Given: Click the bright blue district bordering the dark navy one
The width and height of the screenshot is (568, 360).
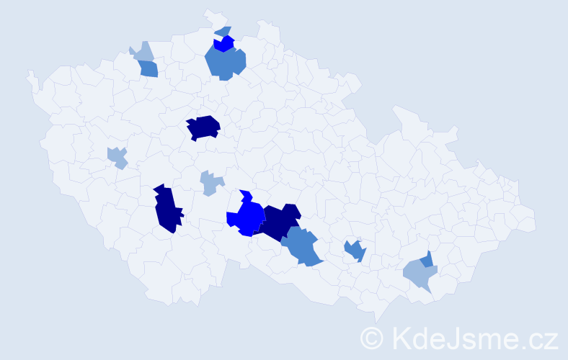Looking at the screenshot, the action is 248,217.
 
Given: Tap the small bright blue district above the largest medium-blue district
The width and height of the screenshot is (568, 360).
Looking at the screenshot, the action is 224,43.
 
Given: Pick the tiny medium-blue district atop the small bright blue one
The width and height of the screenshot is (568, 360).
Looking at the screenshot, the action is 223,32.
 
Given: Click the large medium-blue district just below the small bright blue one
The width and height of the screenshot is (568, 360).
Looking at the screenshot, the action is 225,63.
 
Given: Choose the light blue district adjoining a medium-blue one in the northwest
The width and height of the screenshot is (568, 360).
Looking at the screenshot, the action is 143,52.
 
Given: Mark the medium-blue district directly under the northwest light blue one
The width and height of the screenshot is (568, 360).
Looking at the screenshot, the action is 148,69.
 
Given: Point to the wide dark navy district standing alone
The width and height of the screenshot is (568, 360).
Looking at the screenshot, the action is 203,127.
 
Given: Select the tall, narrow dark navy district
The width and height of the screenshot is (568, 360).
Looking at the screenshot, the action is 167,209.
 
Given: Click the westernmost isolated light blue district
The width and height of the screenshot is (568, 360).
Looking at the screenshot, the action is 117,157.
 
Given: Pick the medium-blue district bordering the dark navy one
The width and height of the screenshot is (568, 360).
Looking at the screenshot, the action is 302,247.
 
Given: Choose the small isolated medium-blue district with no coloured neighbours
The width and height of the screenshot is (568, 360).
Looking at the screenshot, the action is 355,251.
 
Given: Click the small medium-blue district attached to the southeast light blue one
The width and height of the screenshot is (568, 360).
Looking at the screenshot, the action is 427,259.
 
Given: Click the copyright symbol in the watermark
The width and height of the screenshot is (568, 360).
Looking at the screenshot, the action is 372,338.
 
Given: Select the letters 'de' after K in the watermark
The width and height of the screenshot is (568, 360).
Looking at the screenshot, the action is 425,338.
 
